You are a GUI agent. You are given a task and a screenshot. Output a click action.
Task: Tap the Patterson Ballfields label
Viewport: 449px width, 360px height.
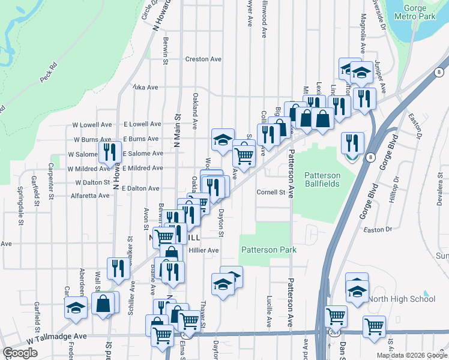click(x=322, y=180)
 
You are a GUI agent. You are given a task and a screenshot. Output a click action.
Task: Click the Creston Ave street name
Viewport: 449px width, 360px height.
click(x=203, y=59)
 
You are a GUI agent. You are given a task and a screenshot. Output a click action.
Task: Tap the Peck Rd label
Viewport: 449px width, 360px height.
click(x=48, y=71)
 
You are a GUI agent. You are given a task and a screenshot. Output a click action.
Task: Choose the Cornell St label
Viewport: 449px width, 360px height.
click(x=271, y=193)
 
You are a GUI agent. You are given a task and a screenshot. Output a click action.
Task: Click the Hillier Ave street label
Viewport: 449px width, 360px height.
click(x=203, y=250)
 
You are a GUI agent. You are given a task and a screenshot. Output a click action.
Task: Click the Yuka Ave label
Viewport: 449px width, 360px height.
click(x=145, y=88)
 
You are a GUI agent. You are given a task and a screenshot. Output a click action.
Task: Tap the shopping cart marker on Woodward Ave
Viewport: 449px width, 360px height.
click(x=244, y=155)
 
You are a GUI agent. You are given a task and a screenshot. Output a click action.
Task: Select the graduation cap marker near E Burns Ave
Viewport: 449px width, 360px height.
click(x=223, y=140)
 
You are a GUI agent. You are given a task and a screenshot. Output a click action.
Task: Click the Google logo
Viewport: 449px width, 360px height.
click(x=20, y=353)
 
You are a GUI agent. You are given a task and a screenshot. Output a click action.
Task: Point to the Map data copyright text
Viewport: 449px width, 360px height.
click(x=411, y=355)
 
